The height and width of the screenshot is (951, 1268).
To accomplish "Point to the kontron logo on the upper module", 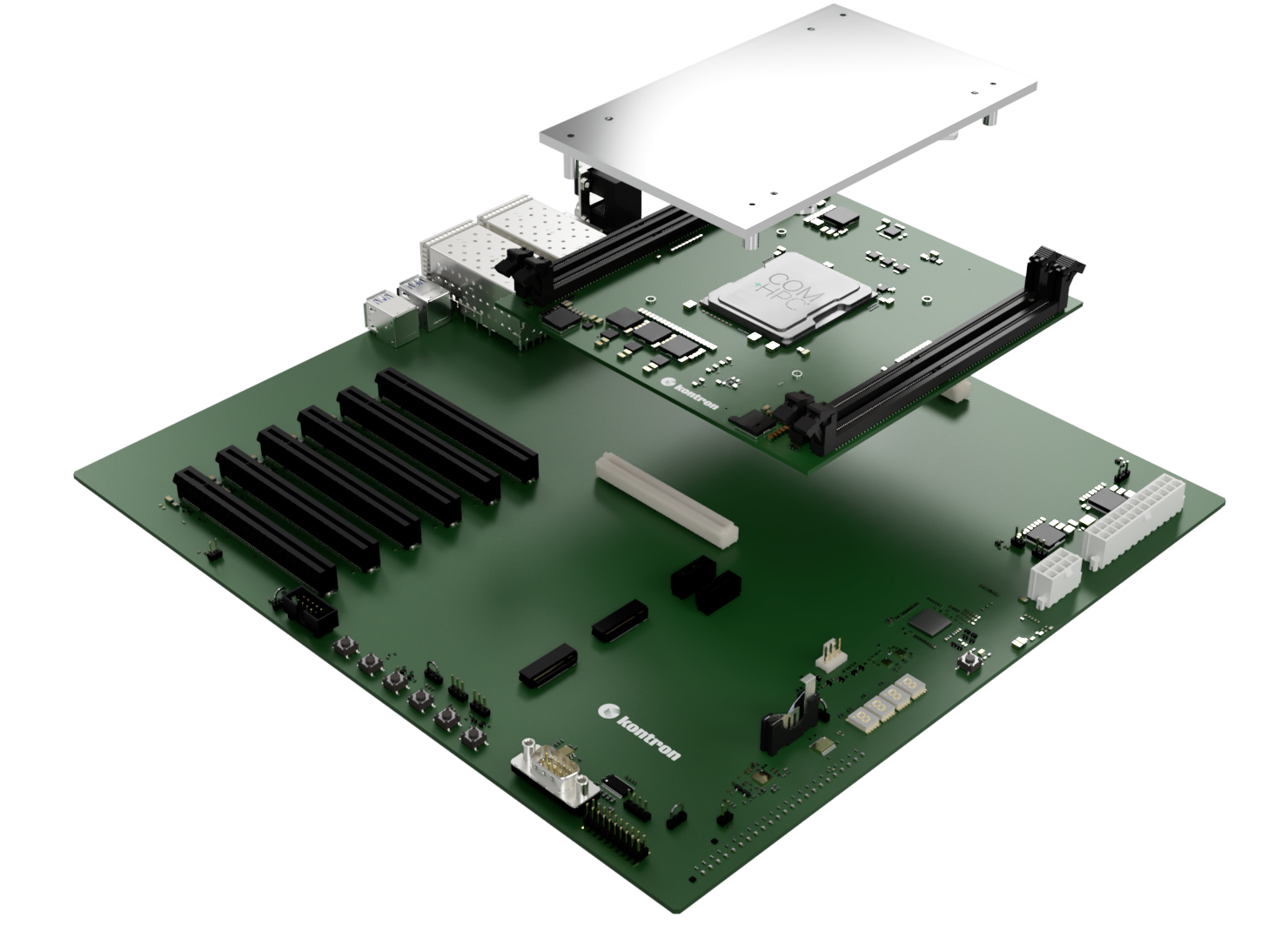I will pos(693,393).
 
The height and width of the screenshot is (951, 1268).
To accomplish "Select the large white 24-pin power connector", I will pos(1131,520).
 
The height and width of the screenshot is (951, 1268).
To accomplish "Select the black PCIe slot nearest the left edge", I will pos(255,527).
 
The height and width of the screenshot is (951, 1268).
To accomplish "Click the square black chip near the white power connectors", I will pos(929,621).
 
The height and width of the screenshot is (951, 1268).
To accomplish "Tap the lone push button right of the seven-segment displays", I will pos(967,664).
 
